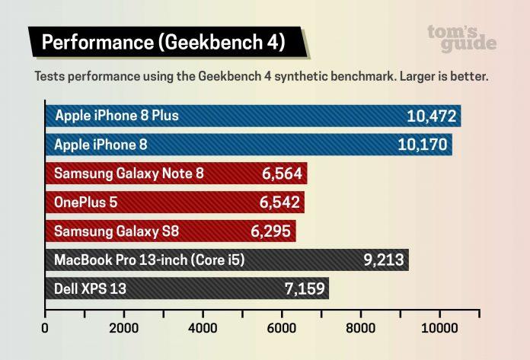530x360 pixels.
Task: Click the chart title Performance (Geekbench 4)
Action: point(163,43)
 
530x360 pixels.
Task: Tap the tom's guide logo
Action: point(461,37)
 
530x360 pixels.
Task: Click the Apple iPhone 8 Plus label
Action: point(116,116)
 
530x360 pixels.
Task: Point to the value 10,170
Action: point(423,145)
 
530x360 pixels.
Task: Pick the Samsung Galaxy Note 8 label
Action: point(129,174)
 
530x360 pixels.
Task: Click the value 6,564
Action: point(283,174)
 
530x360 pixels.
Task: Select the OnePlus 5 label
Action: point(86,202)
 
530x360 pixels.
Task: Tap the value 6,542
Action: point(280,202)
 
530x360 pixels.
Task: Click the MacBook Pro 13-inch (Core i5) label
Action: point(149,260)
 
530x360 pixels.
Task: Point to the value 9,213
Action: point(385,260)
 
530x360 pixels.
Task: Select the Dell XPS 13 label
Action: point(90,288)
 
